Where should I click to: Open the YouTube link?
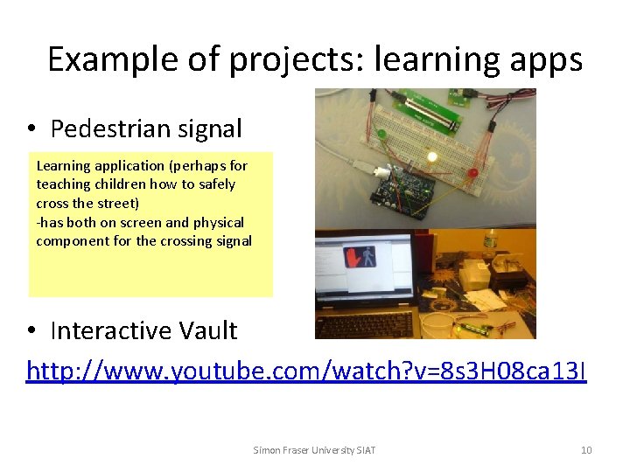pos(307,371)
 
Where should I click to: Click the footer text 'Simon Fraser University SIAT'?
pos(314,450)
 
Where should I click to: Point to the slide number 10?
pos(586,450)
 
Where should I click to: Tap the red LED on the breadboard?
pos(472,173)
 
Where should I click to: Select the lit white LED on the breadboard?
pos(431,157)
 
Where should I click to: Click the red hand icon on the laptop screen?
pos(352,258)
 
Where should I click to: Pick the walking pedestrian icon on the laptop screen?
pos(368,257)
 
